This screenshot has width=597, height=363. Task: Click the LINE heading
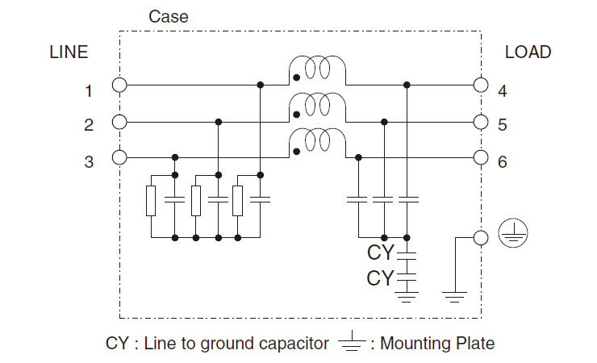69,52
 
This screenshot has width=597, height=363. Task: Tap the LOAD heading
528,52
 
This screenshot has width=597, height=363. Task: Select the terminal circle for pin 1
119,85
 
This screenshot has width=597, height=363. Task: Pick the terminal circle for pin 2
119,122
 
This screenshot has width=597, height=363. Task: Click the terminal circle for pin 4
481,85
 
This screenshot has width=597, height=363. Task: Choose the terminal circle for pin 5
481,122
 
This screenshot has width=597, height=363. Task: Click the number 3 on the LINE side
89,162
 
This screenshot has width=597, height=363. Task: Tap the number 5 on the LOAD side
502,126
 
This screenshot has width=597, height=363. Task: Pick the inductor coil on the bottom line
317,141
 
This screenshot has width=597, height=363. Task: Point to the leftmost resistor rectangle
151,200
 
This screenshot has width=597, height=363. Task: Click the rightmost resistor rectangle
237,200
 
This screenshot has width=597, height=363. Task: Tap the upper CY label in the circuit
380,253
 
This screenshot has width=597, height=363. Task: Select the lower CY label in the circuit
380,278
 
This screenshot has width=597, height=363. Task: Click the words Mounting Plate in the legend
436,344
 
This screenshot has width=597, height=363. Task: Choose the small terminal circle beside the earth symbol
481,237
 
